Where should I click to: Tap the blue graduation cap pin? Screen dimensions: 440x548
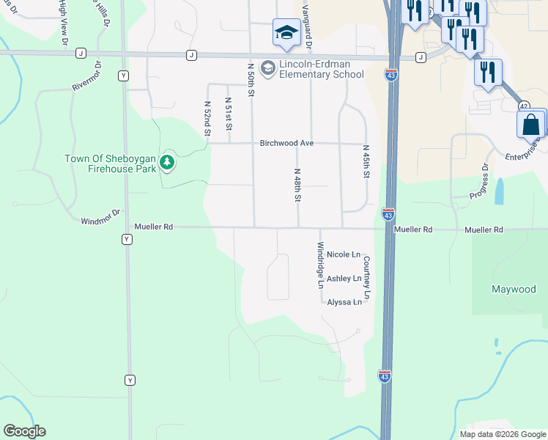tap(286, 32)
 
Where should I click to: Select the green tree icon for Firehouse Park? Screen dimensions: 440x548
tap(167, 163)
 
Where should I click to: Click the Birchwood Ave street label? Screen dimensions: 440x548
tap(286, 143)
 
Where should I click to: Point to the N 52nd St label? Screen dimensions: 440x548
tap(208, 117)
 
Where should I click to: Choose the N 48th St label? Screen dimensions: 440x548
tap(298, 186)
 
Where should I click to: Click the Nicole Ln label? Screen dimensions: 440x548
tap(344, 254)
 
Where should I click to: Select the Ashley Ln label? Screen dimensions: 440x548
tap(344, 279)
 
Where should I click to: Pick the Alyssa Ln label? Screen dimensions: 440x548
tap(344, 302)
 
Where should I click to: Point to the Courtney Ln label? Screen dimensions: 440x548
tap(367, 275)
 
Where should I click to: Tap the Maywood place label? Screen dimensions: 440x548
tap(513, 289)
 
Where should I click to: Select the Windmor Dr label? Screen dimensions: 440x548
tap(100, 220)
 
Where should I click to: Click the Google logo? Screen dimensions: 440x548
tap(24, 431)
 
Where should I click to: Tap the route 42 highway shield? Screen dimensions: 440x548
tap(524, 106)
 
